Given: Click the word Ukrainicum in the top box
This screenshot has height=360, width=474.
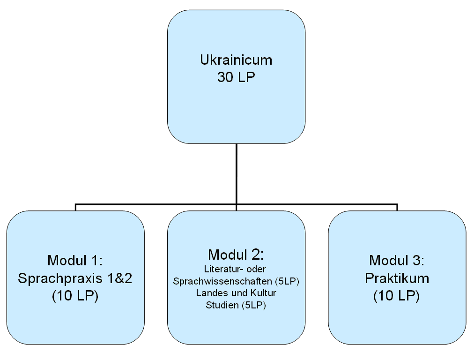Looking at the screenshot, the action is point(236,60).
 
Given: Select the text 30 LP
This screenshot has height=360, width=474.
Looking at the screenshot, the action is point(236,77).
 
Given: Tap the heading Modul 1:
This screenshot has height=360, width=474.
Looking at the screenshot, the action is point(75,261).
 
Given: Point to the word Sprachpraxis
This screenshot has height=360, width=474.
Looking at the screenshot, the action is point(60,278).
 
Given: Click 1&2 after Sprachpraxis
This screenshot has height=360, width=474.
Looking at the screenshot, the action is point(119,278).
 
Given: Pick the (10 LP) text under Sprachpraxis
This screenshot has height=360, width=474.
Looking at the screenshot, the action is point(75,296).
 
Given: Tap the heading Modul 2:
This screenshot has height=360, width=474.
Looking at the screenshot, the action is point(236,255).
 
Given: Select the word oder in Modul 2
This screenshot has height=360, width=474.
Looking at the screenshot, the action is point(256,269).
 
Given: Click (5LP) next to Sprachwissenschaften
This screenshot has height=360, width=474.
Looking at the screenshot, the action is point(287,281).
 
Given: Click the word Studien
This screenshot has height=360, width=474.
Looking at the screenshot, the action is point(222,305).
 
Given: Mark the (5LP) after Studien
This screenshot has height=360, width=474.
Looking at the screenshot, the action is point(253,305).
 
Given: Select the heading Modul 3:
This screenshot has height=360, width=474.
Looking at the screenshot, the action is point(397,261).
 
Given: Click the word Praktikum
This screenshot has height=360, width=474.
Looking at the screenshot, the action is point(397,278).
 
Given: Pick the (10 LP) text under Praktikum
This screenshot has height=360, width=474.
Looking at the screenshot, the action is point(397,296).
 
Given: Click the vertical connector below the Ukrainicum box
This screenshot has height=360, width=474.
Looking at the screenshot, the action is point(237,174).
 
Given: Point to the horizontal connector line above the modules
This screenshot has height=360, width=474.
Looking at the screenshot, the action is point(237,204).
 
